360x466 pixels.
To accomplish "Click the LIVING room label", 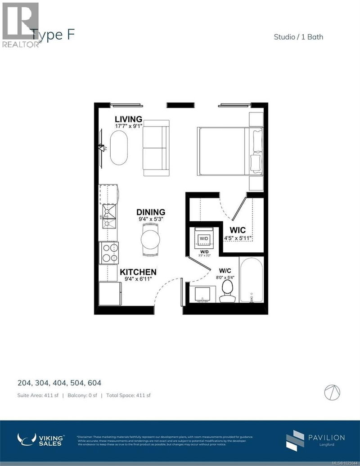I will coord(128,119).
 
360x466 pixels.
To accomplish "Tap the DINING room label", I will coord(151,212).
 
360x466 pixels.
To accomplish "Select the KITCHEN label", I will coord(138,272).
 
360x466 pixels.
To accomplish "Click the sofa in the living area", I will coord(156,148).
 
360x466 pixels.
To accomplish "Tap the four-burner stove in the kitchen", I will coord(109,253).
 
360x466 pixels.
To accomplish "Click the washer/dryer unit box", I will coord(203,237).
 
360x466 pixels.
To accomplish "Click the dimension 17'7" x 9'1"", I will coord(128,127).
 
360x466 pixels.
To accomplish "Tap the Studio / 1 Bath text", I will coord(298,37).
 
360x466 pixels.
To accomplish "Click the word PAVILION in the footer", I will coord(326,437).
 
